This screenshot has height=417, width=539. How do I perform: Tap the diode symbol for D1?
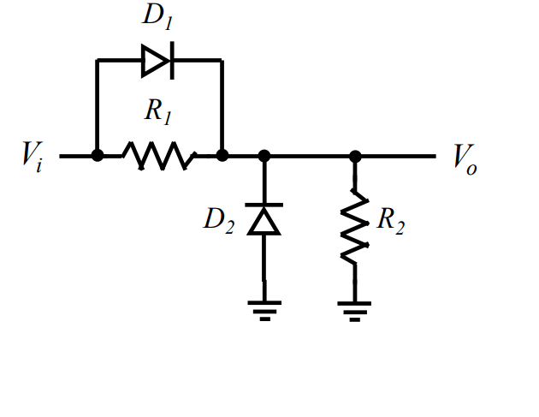tap(158, 60)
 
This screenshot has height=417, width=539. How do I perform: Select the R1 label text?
tap(158, 111)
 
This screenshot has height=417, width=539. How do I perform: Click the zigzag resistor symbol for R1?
tap(159, 156)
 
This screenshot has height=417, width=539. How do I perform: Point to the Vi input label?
tap(33, 158)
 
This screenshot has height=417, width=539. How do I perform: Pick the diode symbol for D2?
tap(264, 220)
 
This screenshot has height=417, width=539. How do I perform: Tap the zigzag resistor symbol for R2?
tap(355, 227)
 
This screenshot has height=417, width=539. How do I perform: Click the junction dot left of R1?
tap(98, 156)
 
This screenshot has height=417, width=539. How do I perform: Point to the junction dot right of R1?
tap(222, 156)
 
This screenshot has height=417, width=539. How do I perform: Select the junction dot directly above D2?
tap(264, 156)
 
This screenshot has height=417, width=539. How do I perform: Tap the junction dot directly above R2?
tap(355, 156)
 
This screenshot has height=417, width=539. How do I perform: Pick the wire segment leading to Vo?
tap(398, 156)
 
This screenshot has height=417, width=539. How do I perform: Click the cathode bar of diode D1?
tap(172, 60)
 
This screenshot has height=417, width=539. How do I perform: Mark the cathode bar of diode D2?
tap(264, 206)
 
